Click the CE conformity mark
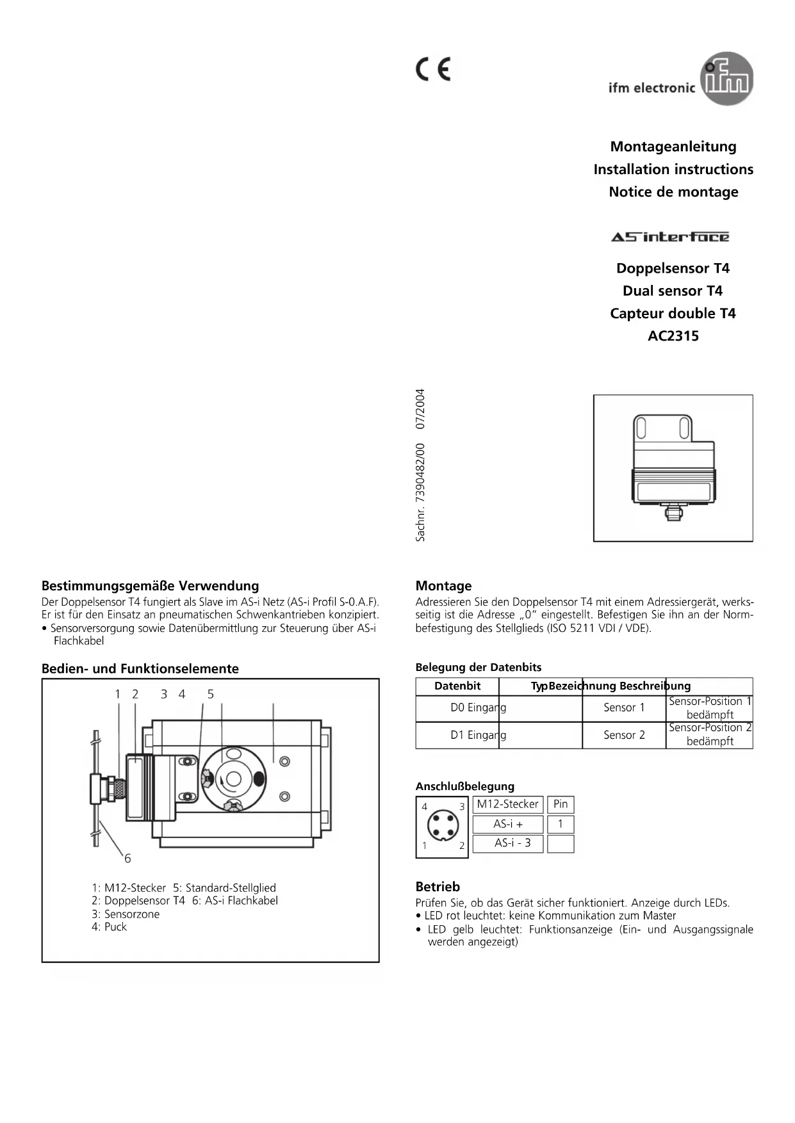click(x=434, y=69)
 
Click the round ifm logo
click(x=728, y=79)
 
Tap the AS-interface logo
click(x=670, y=238)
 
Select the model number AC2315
click(x=673, y=336)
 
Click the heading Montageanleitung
click(x=673, y=147)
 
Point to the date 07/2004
click(x=420, y=408)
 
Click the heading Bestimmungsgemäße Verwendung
click(x=150, y=586)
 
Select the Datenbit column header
click(x=457, y=686)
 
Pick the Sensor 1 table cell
click(x=624, y=708)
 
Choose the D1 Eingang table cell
click(x=478, y=735)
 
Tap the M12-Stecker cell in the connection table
click(x=507, y=804)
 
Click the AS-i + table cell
click(x=507, y=825)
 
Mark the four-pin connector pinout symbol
click(x=442, y=827)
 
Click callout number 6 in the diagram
click(x=127, y=859)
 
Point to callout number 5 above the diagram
click(x=210, y=694)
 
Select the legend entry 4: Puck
click(x=109, y=927)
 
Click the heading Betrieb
click(x=438, y=887)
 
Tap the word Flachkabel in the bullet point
click(x=79, y=641)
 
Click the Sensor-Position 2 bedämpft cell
click(x=710, y=735)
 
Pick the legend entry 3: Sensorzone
click(x=126, y=914)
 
